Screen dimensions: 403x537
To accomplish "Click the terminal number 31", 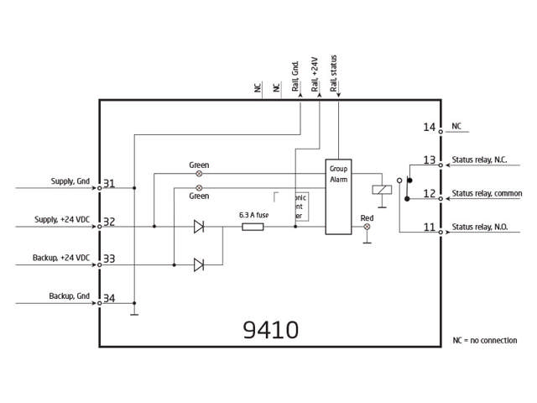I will (x=109, y=184).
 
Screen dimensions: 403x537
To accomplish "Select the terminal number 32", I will (x=109, y=222).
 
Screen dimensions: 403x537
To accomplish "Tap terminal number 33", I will (x=109, y=260).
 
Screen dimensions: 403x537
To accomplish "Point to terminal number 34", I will (x=109, y=299).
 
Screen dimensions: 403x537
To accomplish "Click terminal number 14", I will (x=429, y=128).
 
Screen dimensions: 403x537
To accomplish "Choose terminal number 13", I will (x=429, y=160).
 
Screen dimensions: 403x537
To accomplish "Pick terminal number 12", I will (x=429, y=194).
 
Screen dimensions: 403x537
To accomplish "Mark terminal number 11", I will (x=429, y=228).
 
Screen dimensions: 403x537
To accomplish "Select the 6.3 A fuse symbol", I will (x=253, y=226).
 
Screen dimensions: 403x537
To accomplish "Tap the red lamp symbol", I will (x=367, y=227).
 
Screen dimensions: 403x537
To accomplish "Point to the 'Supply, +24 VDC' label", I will (x=61, y=219).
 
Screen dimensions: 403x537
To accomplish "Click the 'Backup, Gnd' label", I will (x=68, y=296).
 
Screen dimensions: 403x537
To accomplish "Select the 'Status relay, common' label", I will (x=487, y=194).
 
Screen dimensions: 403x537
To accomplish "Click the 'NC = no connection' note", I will (x=484, y=340).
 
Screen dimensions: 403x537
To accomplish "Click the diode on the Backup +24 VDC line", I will (x=199, y=264).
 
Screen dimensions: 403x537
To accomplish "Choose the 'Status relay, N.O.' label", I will (x=482, y=228).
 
